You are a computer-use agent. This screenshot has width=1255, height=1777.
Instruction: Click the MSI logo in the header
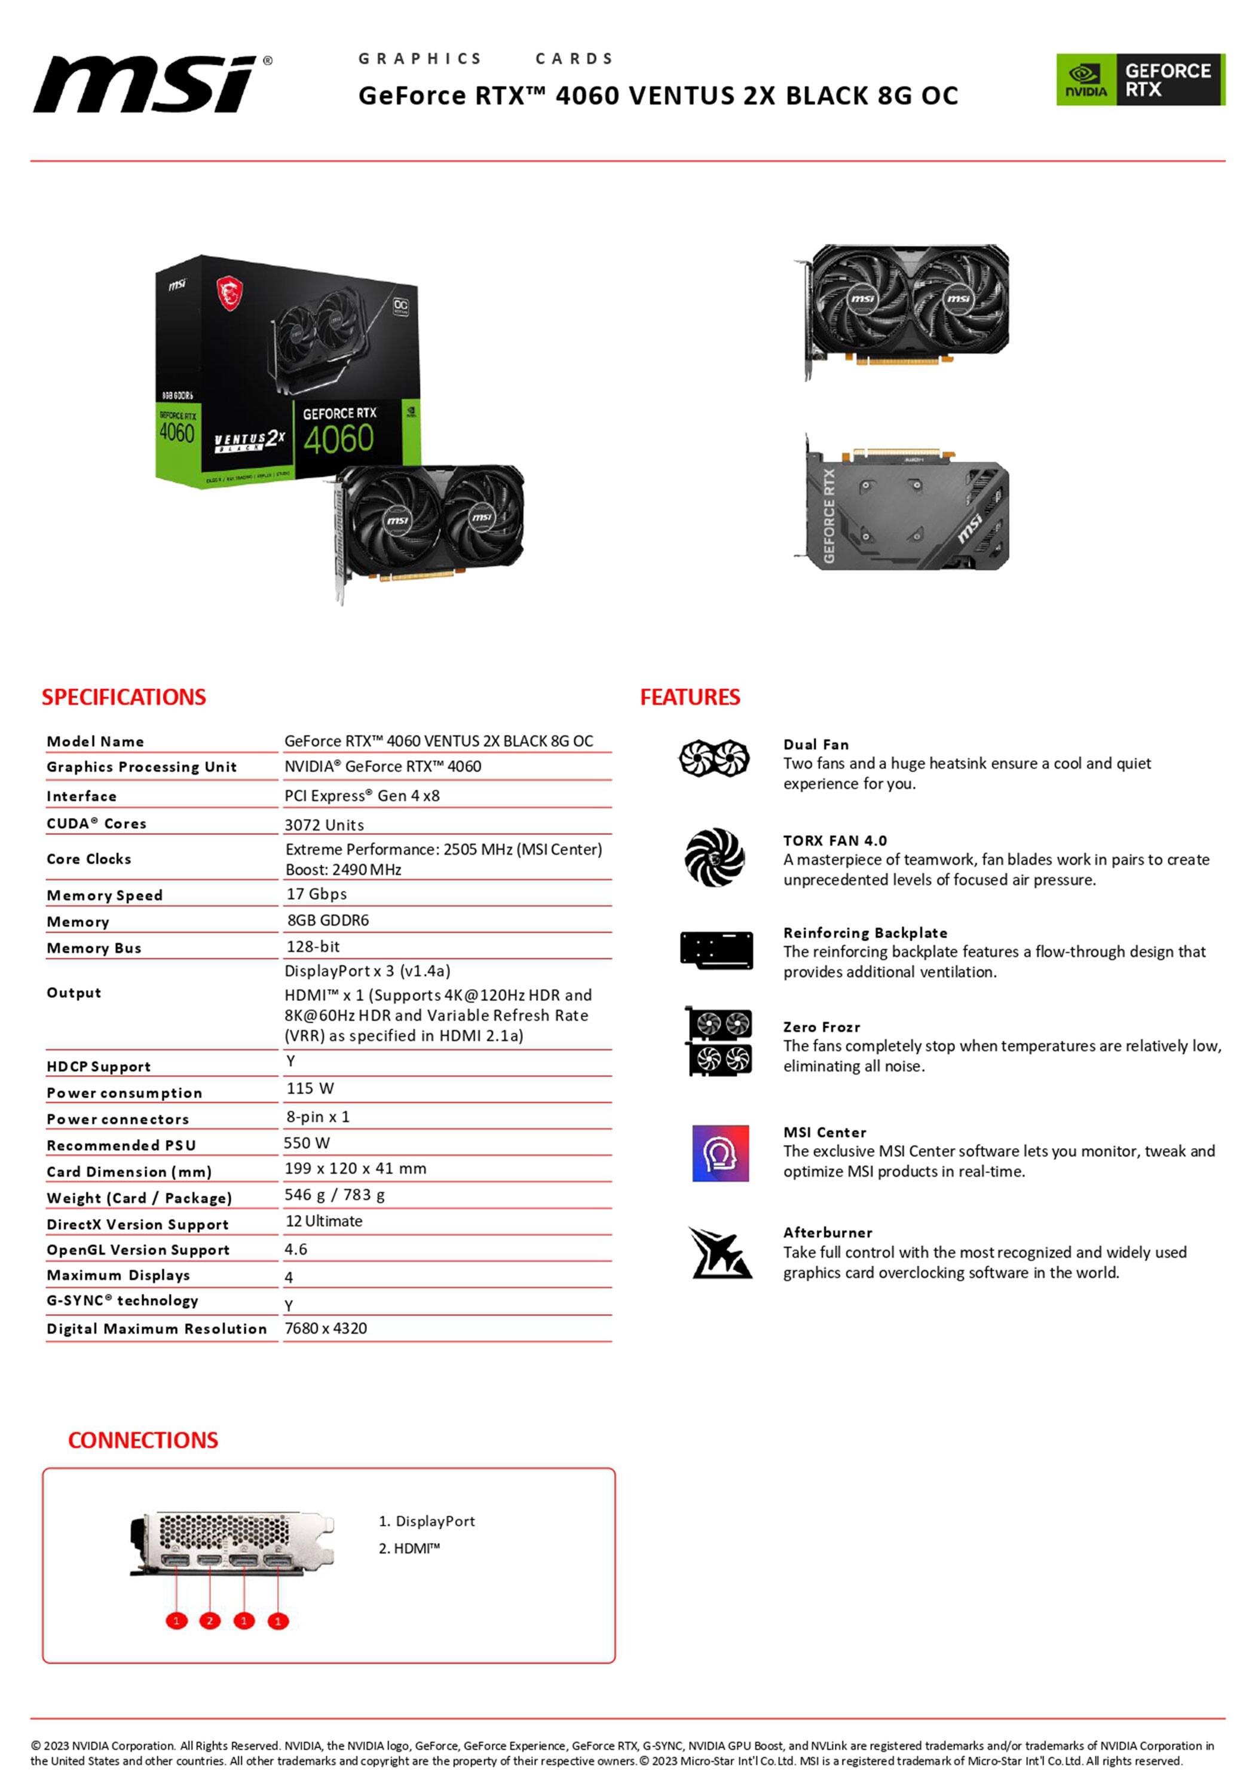coord(152,84)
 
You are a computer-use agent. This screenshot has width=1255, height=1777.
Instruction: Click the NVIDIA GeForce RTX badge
coord(1140,80)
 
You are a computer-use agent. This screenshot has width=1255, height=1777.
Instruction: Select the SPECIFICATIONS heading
coord(124,697)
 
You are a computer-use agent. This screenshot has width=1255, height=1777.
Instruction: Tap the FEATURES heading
coord(690,697)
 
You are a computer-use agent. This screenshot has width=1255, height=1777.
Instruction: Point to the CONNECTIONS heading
coord(143,1440)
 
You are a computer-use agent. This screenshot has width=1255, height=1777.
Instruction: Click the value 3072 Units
coord(323,825)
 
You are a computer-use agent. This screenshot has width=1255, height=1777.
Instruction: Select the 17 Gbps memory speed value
coord(317,894)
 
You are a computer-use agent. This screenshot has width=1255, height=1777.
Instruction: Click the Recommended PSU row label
coord(121,1146)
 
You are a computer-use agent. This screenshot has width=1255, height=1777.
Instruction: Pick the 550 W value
coord(307,1143)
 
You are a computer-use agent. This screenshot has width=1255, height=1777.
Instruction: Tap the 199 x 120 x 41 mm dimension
coord(355,1169)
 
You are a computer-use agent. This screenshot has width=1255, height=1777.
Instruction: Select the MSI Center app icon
coord(720,1153)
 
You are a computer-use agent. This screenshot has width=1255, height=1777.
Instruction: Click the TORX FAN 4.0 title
coord(835,841)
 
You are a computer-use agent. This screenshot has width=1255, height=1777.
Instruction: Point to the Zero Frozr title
coord(821,1027)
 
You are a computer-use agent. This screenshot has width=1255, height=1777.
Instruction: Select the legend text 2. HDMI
coord(409,1548)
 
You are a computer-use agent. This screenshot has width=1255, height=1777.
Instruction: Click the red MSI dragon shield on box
coord(229,294)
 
